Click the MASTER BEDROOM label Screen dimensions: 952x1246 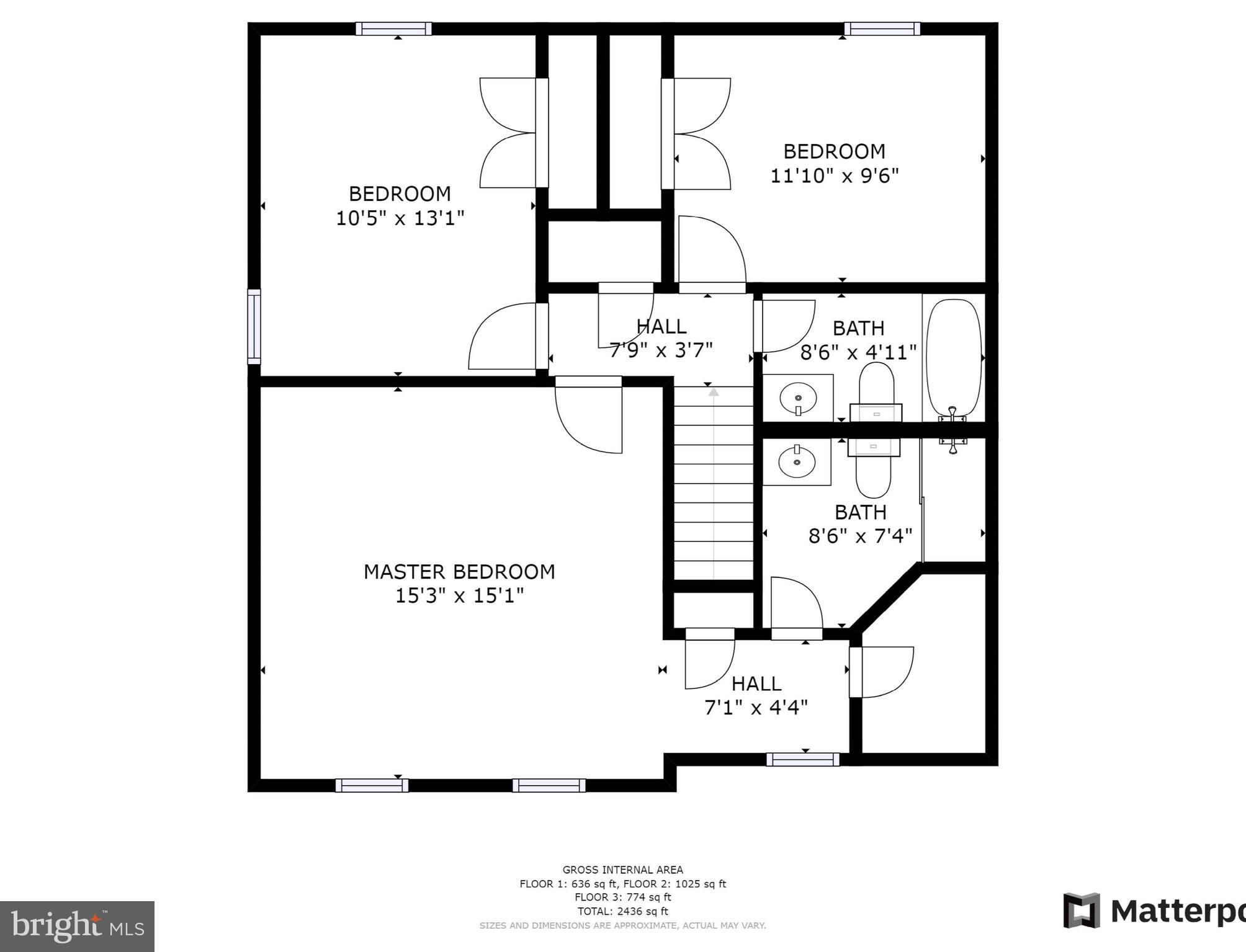459,572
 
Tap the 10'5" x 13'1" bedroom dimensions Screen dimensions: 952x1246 400,218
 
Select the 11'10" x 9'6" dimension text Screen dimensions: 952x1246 834,176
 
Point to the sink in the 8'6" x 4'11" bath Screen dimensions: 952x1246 798,397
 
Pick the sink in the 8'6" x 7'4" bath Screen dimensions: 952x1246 797,461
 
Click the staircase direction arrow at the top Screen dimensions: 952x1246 714,392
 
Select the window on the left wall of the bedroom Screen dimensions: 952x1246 254,326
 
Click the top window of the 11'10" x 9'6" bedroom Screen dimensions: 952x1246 882,29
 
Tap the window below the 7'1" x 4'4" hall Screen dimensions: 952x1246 803,759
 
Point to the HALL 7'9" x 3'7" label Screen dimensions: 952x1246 661,338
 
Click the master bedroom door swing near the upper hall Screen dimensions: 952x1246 588,416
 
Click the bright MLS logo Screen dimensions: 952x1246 77,927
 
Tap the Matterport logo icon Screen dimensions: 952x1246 1081,910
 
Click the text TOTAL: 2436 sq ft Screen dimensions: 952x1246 622,911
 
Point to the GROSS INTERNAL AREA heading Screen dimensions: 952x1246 622,870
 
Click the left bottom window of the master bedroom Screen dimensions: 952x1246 372,785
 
